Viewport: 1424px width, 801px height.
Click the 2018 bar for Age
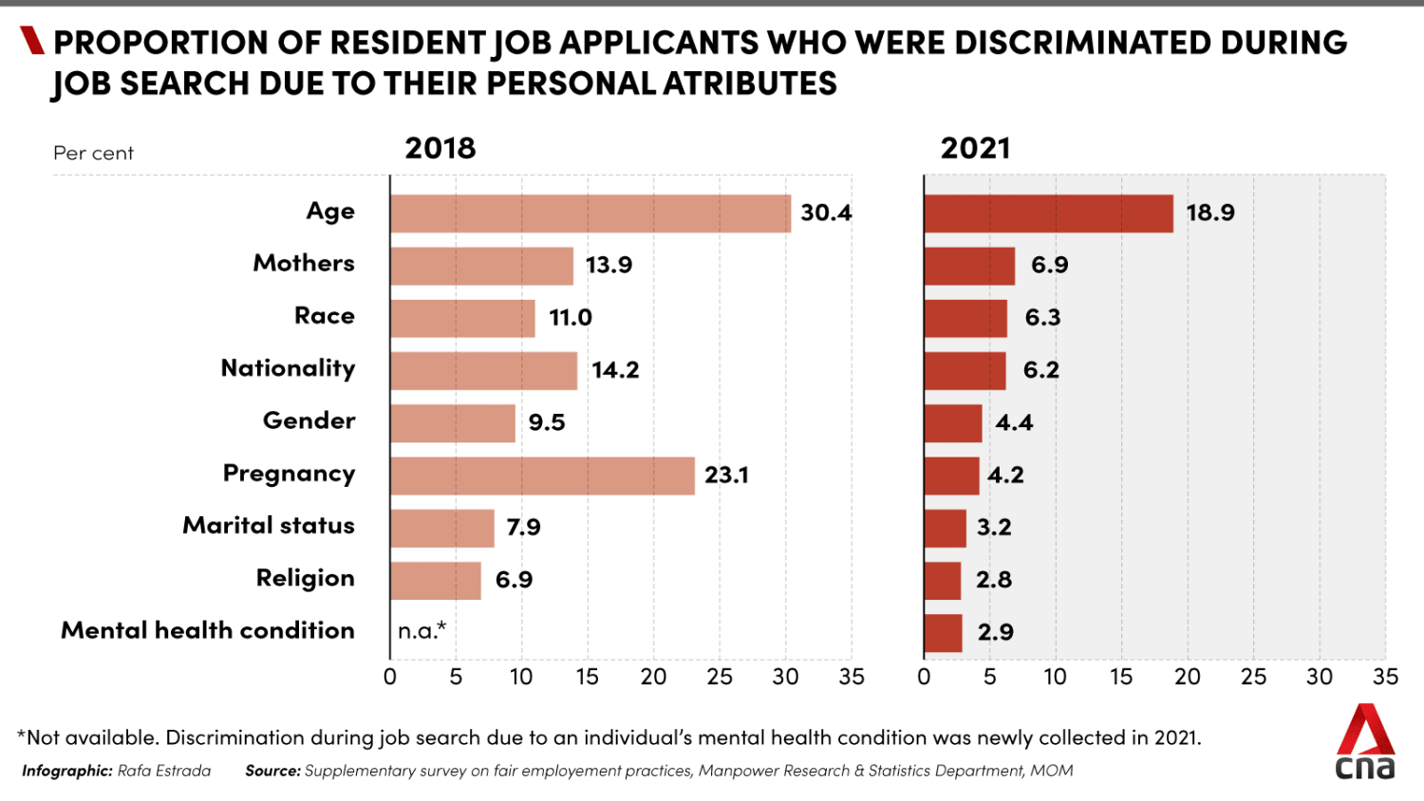coord(590,214)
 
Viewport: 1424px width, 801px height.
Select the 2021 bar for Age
coord(1048,214)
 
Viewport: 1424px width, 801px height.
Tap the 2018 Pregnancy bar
coord(542,475)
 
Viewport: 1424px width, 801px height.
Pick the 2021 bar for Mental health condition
coord(943,633)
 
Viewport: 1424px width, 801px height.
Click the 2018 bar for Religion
coord(436,581)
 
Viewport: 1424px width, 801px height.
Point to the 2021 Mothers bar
coord(969,266)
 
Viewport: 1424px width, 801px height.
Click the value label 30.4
coord(826,213)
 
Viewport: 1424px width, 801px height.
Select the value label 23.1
coord(726,475)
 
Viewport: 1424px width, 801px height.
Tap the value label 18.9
coord(1210,213)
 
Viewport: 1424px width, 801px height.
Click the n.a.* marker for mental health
coord(422,631)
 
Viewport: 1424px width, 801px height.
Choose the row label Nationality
coord(288,368)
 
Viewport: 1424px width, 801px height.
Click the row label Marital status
coord(269,526)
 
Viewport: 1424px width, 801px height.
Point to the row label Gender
coord(309,420)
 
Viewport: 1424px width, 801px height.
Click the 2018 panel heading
coord(440,148)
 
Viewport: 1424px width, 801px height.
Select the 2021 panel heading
coord(975,148)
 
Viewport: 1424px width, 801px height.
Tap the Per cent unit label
coord(93,154)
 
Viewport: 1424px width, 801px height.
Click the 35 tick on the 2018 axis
coord(852,677)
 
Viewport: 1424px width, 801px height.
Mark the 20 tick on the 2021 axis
coord(1188,677)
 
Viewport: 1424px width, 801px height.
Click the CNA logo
coord(1365,742)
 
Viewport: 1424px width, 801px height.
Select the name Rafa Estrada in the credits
coord(164,771)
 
